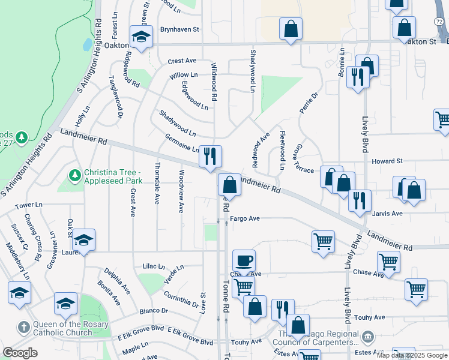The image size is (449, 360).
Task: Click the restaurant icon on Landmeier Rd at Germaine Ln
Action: (210, 157)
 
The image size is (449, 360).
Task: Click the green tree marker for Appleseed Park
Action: (74, 175)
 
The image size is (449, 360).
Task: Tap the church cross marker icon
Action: (23, 328)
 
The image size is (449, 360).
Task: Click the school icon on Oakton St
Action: (142, 37)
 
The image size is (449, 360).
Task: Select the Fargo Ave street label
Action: (244, 219)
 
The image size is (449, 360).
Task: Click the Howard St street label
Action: (387, 161)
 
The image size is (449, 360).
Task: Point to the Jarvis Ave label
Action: (388, 214)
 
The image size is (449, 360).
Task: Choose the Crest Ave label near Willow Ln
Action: (182, 61)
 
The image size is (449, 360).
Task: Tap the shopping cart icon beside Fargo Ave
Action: (323, 242)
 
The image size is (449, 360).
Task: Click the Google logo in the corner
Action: (20, 353)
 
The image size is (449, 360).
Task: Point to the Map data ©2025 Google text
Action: (411, 355)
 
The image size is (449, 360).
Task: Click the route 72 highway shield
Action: (439, 20)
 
